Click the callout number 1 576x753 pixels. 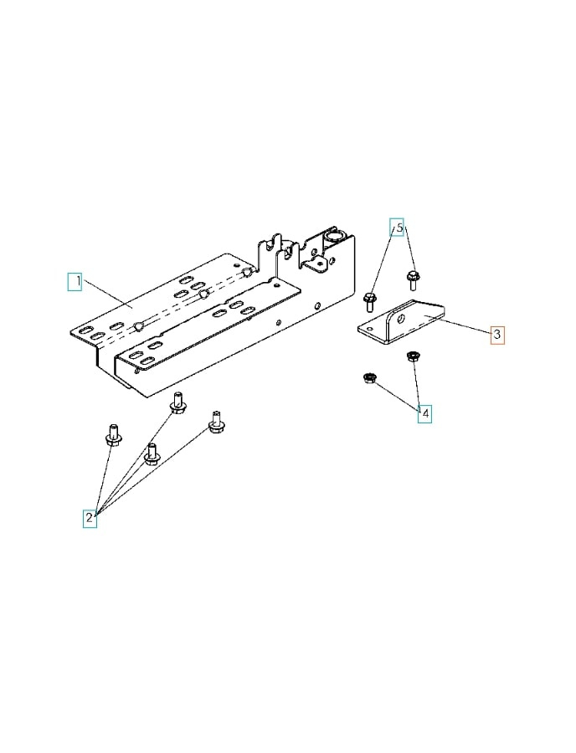75,281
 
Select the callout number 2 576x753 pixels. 90,519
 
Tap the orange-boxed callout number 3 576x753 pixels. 496,335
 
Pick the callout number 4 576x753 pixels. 425,413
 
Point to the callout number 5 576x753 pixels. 399,228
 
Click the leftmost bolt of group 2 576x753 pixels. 113,437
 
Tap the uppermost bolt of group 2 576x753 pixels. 177,403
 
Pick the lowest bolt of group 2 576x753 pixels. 152,454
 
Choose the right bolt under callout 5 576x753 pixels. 412,277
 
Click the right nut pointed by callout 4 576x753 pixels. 411,357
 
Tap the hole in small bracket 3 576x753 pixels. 401,319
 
